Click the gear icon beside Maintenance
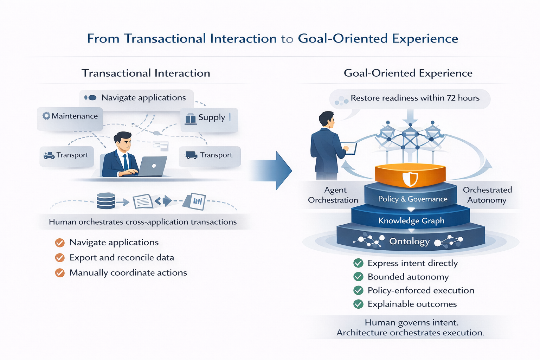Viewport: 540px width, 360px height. pos(46,116)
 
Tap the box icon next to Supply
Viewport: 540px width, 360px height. pos(190,118)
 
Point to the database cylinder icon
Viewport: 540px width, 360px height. pos(106,201)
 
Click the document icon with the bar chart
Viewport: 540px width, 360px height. pos(197,201)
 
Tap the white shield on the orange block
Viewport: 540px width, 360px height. pos(410,179)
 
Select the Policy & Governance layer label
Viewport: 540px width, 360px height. pos(412,199)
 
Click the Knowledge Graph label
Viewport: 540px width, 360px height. pos(411,221)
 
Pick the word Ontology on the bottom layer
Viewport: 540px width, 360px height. pos(410,242)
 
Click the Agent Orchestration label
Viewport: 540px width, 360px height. pos(333,195)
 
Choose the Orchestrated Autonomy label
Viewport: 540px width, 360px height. pos(487,195)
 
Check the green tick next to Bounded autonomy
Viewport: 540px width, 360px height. pos(358,277)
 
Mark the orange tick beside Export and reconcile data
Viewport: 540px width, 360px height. pos(60,258)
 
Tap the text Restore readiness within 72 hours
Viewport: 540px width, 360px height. pos(415,98)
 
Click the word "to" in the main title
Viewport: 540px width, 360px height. pos(287,39)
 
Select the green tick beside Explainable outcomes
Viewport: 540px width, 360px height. pos(358,304)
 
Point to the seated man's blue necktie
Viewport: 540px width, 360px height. pos(126,161)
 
